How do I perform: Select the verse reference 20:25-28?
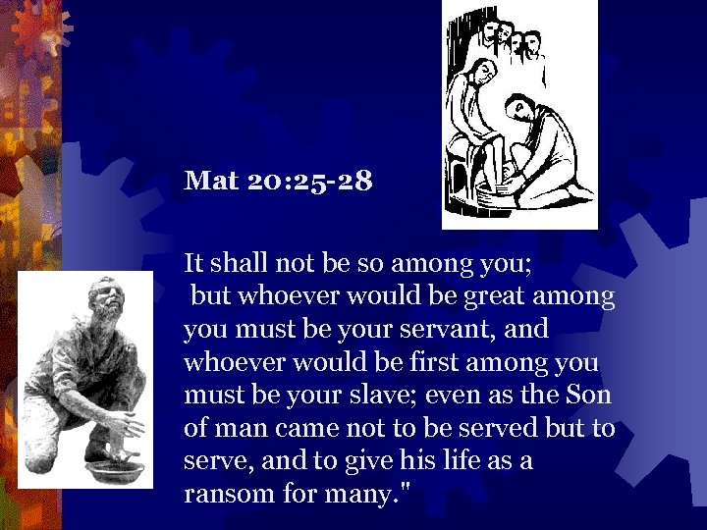(307, 182)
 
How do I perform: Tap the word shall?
(239, 262)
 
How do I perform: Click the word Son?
(588, 396)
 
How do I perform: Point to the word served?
(509, 429)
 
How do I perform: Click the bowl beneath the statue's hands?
(111, 470)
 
